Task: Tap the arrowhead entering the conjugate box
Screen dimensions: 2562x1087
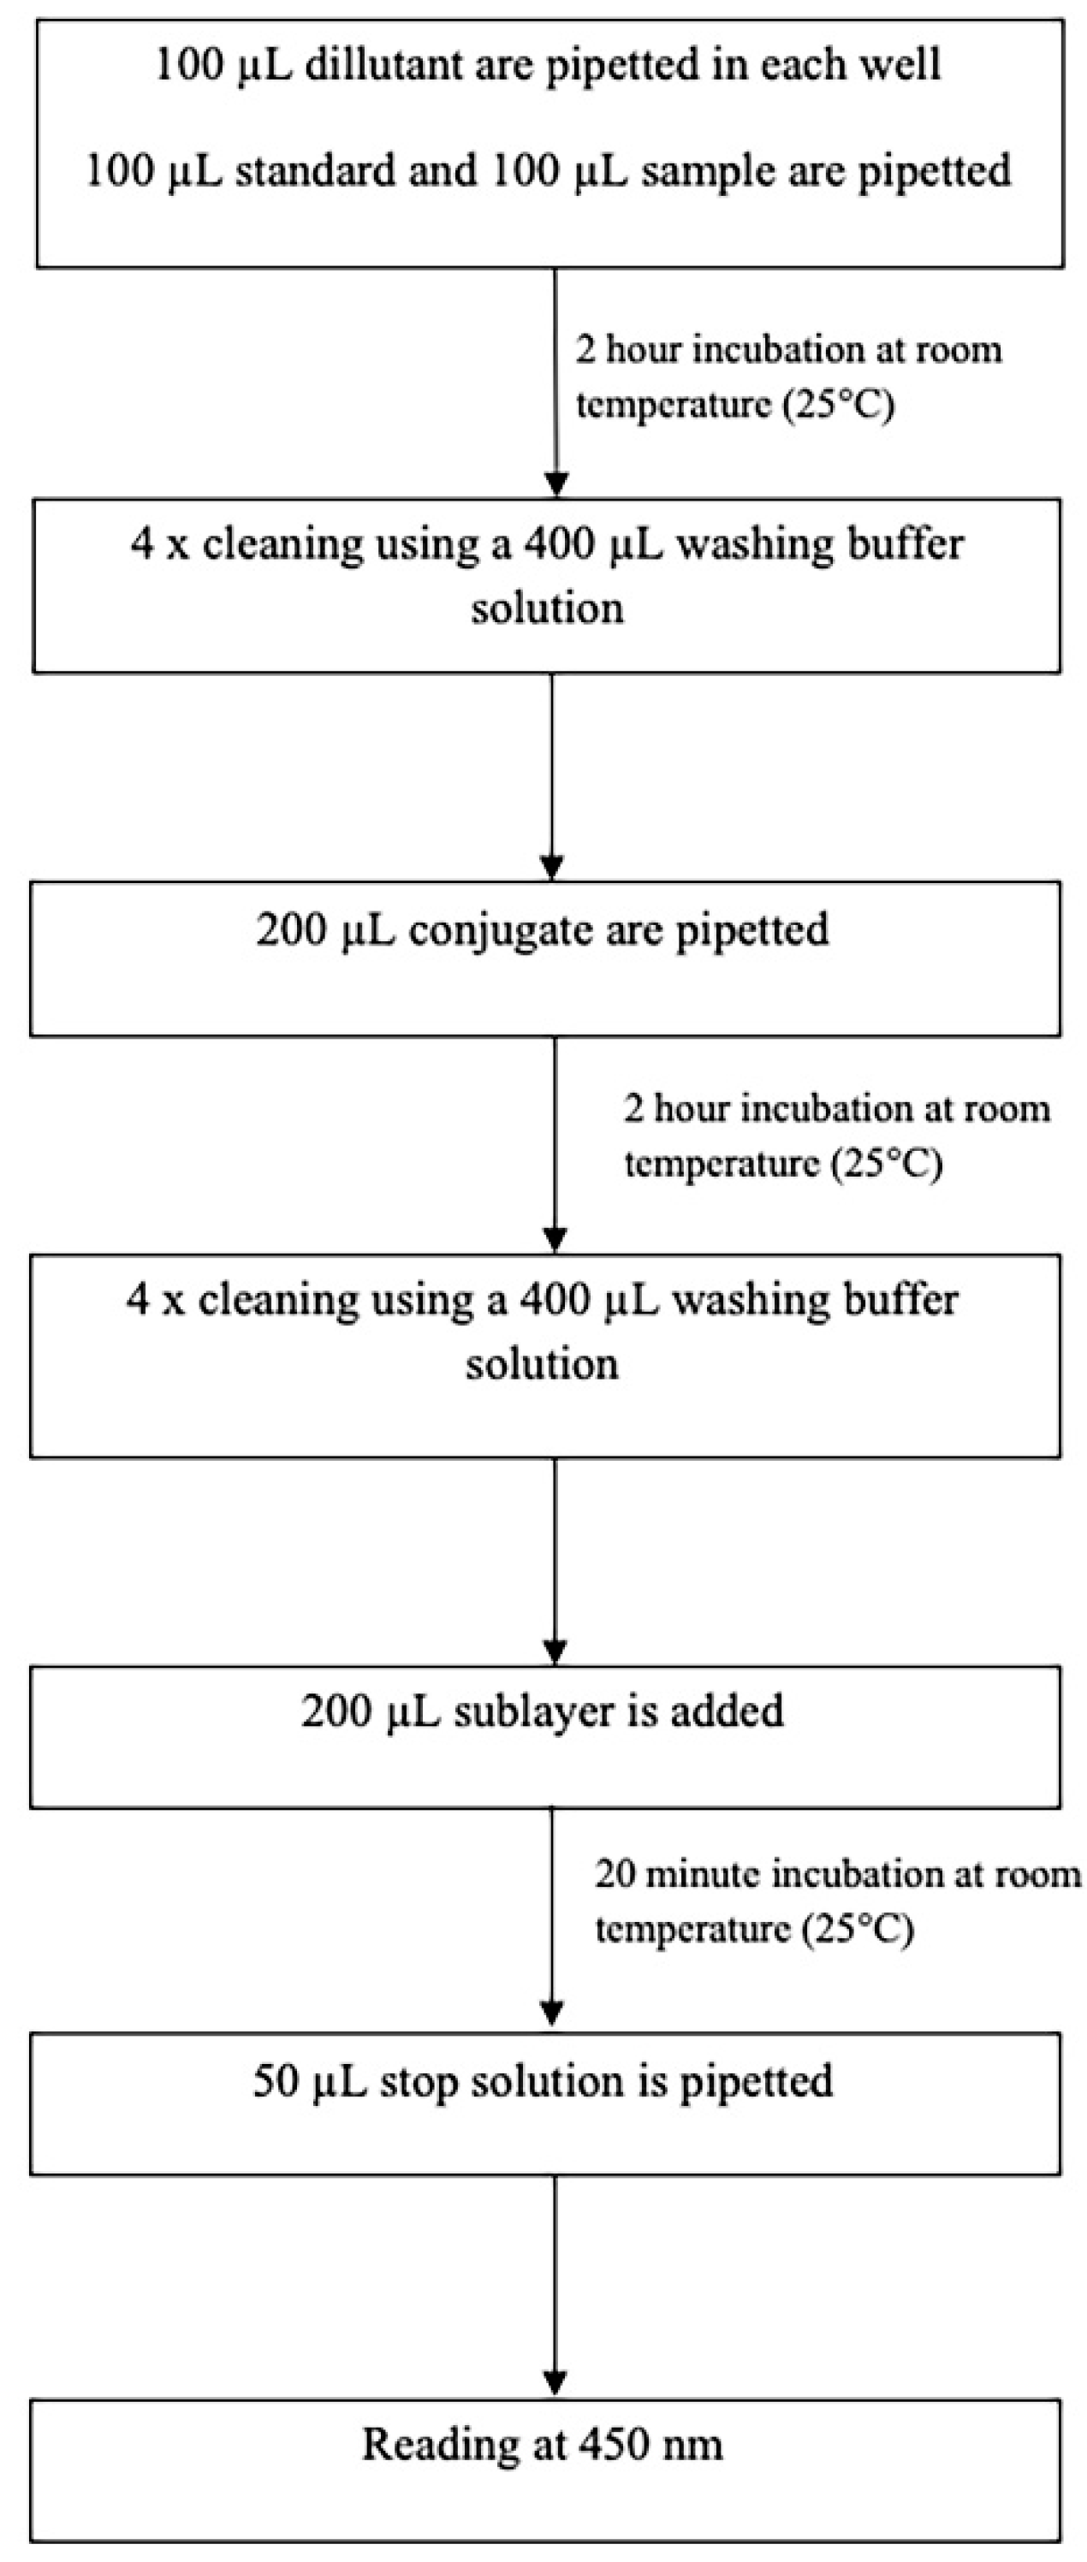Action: (552, 866)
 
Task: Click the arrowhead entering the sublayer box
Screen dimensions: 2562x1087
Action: (555, 1652)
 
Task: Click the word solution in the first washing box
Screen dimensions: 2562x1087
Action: (547, 607)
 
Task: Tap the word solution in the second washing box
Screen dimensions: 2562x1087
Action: (542, 1362)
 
